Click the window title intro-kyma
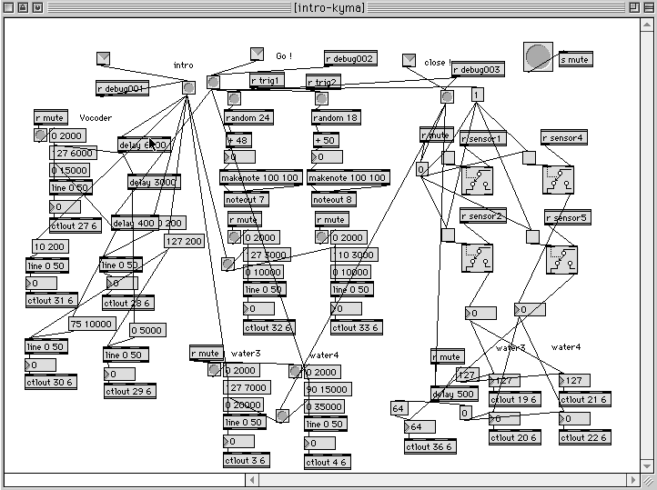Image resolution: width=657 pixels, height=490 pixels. [328, 7]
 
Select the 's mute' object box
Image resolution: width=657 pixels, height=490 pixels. [574, 60]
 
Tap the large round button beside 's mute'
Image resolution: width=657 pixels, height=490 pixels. [538, 56]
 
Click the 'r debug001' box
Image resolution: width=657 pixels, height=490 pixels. [122, 88]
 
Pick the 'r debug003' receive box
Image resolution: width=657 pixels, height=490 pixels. [478, 70]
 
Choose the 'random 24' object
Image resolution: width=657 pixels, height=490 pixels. [248, 117]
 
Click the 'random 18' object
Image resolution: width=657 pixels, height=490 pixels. [336, 117]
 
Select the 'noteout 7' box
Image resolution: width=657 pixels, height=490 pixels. [244, 199]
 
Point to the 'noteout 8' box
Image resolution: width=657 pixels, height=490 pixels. [332, 199]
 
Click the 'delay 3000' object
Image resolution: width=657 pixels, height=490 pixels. [154, 182]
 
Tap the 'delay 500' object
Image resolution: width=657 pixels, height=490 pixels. [454, 394]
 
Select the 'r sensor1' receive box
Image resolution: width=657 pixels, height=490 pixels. [482, 138]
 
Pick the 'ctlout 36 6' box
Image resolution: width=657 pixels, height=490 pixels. [430, 446]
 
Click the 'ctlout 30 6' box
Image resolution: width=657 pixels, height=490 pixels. [50, 382]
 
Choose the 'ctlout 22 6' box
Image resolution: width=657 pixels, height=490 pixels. [584, 438]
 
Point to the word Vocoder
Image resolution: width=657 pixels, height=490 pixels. [96, 118]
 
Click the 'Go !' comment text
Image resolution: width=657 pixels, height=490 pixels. [284, 56]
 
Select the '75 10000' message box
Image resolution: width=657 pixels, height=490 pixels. [92, 324]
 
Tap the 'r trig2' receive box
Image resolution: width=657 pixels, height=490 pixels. [322, 82]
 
